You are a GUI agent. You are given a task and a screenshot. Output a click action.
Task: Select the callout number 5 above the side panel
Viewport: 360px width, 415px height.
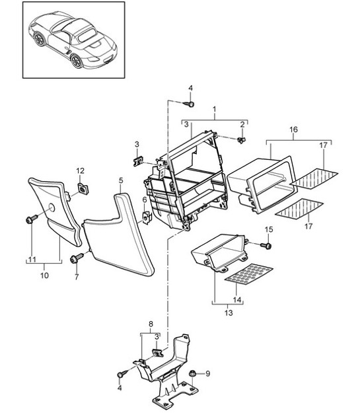coord(121,180)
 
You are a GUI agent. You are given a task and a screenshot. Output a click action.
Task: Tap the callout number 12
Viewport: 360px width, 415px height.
coord(81,170)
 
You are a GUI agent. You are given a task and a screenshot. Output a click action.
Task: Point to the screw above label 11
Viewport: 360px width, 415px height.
coord(30,219)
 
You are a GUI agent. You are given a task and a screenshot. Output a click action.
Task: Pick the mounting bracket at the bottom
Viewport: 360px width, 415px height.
coord(165,377)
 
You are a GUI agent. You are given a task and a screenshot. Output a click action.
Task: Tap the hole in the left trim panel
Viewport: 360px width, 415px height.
coord(50,209)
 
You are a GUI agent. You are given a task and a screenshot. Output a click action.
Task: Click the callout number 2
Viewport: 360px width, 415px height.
coord(243,124)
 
